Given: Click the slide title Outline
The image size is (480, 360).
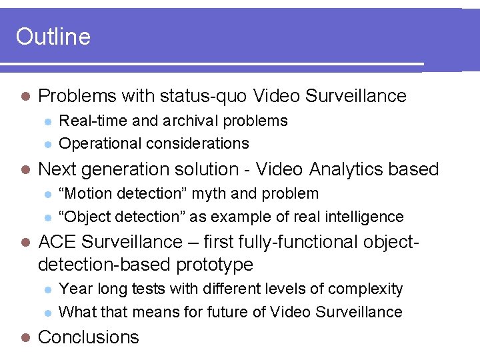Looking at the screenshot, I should (53, 36).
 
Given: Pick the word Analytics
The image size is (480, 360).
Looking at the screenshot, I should (347, 169).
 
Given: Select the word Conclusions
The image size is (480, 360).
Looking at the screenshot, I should (89, 337).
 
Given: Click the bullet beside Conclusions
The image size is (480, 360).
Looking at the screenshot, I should (25, 337).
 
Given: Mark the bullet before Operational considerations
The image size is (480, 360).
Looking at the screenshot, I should (47, 144).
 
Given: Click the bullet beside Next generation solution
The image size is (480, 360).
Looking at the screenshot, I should (25, 170).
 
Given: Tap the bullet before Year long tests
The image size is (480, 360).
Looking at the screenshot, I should (47, 290).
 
